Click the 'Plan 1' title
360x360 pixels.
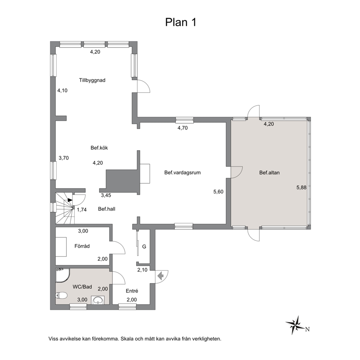(181, 22)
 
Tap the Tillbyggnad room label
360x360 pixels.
(92, 80)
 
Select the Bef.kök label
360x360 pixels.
(99, 148)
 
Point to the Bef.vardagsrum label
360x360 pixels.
(183, 172)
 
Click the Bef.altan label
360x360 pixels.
(270, 173)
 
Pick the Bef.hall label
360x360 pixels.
(107, 209)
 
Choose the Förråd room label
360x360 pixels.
(82, 246)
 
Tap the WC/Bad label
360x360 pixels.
(82, 287)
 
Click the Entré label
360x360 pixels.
(132, 291)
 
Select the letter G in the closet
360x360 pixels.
(144, 246)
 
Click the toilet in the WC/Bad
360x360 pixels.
(61, 295)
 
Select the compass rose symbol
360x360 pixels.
(295, 325)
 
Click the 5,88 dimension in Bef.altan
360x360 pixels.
(302, 188)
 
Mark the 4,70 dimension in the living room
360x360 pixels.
(183, 128)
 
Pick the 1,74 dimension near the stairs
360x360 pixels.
(82, 210)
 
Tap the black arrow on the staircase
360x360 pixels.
(70, 200)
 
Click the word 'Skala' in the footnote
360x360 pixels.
(127, 339)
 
